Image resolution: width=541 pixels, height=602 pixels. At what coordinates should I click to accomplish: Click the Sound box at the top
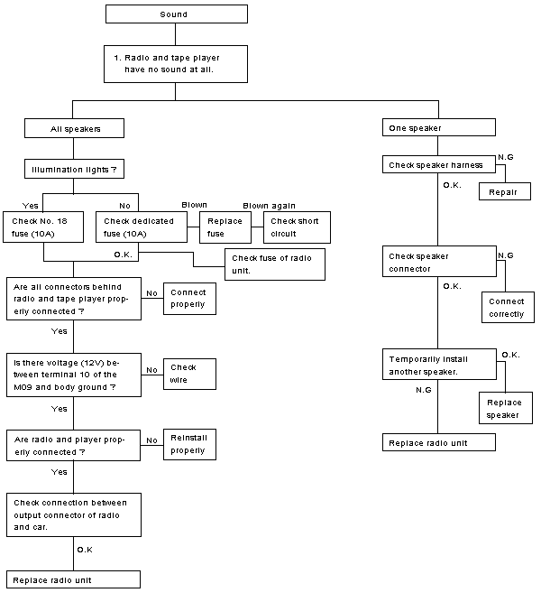(x=177, y=14)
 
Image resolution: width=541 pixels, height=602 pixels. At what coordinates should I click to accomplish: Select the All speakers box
(x=74, y=128)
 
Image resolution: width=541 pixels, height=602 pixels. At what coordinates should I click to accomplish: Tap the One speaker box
(x=439, y=127)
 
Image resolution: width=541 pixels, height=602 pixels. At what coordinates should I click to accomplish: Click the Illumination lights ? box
(x=74, y=169)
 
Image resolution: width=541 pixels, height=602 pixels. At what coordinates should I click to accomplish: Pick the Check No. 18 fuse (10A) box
(x=43, y=227)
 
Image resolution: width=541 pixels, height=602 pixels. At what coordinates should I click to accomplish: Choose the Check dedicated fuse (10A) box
(x=142, y=227)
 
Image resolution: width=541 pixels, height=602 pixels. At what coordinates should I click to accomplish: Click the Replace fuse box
(x=225, y=227)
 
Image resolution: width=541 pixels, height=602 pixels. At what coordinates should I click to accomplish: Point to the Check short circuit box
(x=297, y=227)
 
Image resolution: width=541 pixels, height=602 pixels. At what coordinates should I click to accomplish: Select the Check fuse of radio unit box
(x=275, y=264)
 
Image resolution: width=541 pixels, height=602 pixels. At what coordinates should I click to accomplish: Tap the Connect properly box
(x=189, y=299)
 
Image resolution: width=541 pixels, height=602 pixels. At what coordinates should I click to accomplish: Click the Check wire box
(x=189, y=374)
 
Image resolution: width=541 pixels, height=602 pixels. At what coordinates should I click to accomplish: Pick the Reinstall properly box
(x=189, y=444)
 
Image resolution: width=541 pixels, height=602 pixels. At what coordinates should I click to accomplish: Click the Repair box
(x=505, y=191)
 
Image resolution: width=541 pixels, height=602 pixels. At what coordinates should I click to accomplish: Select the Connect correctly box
(x=508, y=307)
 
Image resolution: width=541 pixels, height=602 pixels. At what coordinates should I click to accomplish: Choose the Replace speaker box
(x=506, y=408)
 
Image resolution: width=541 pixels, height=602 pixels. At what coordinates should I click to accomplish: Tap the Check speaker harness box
(x=439, y=164)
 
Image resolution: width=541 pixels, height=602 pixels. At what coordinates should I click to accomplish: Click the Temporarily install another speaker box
(x=439, y=365)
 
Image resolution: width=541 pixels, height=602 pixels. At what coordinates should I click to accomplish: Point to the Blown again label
(x=269, y=206)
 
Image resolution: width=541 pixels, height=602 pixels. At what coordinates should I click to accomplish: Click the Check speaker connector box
(x=439, y=262)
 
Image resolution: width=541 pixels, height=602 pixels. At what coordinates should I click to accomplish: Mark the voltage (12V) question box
(x=74, y=375)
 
